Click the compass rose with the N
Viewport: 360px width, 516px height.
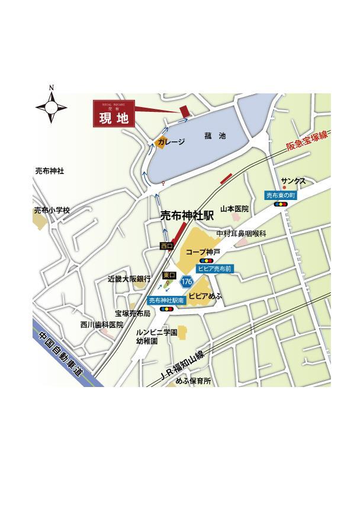[52, 107]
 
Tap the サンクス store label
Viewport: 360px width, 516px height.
[293, 180]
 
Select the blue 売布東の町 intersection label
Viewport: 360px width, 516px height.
[280, 195]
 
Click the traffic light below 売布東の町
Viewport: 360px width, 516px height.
[281, 204]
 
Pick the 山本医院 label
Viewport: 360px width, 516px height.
[234, 209]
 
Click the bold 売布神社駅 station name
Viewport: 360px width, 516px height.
[187, 217]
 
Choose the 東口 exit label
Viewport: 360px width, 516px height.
[169, 275]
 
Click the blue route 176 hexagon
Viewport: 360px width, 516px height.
[187, 281]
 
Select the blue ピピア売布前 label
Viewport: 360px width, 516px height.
[215, 268]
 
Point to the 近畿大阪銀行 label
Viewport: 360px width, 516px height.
[129, 278]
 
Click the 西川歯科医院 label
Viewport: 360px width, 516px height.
[102, 325]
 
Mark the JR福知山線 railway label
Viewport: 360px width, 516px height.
[182, 366]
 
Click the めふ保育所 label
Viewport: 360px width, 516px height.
[193, 382]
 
